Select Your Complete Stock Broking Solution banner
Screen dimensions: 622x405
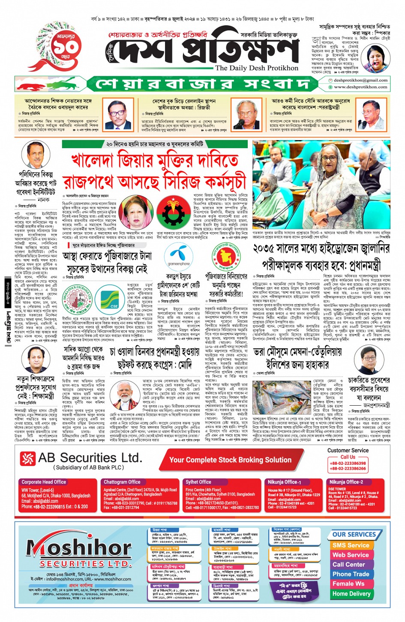tap(230, 460)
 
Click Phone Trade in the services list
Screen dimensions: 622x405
tap(351, 574)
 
